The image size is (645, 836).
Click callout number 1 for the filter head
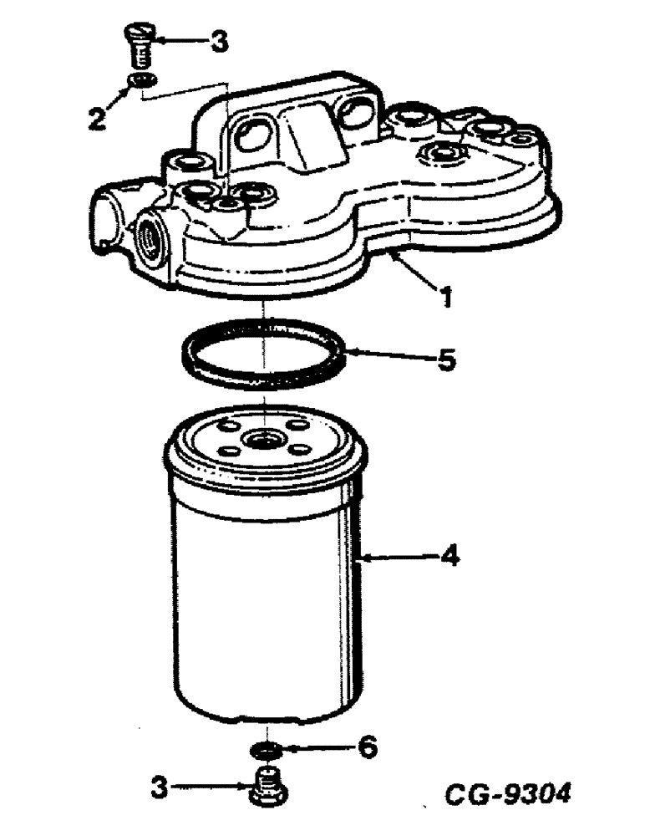[448, 294]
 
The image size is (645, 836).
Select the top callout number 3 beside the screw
[218, 42]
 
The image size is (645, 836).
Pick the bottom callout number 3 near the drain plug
[160, 786]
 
